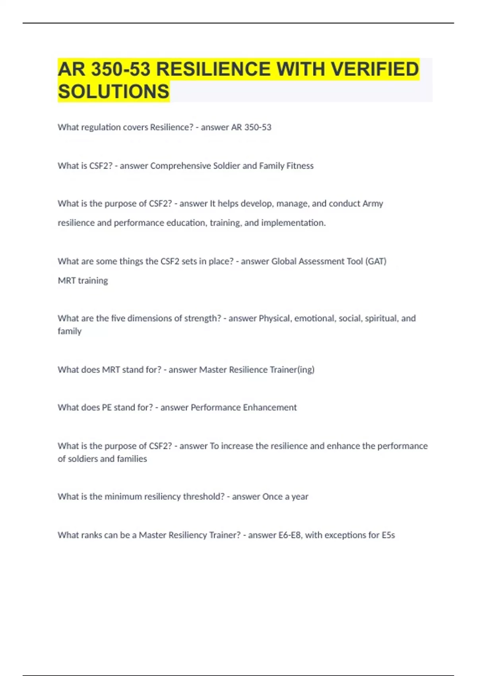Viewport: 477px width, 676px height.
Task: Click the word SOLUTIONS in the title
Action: [113, 91]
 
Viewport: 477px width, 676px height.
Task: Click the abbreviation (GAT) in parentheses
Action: [376, 261]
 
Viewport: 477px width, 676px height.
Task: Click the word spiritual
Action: [381, 319]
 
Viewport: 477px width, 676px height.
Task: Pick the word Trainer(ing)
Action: [292, 370]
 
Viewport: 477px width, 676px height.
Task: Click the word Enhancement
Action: [270, 408]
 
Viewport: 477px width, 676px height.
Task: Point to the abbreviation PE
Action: [107, 408]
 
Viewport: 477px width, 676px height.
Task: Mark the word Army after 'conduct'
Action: [372, 204]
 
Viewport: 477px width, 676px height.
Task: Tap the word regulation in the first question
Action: [101, 127]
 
